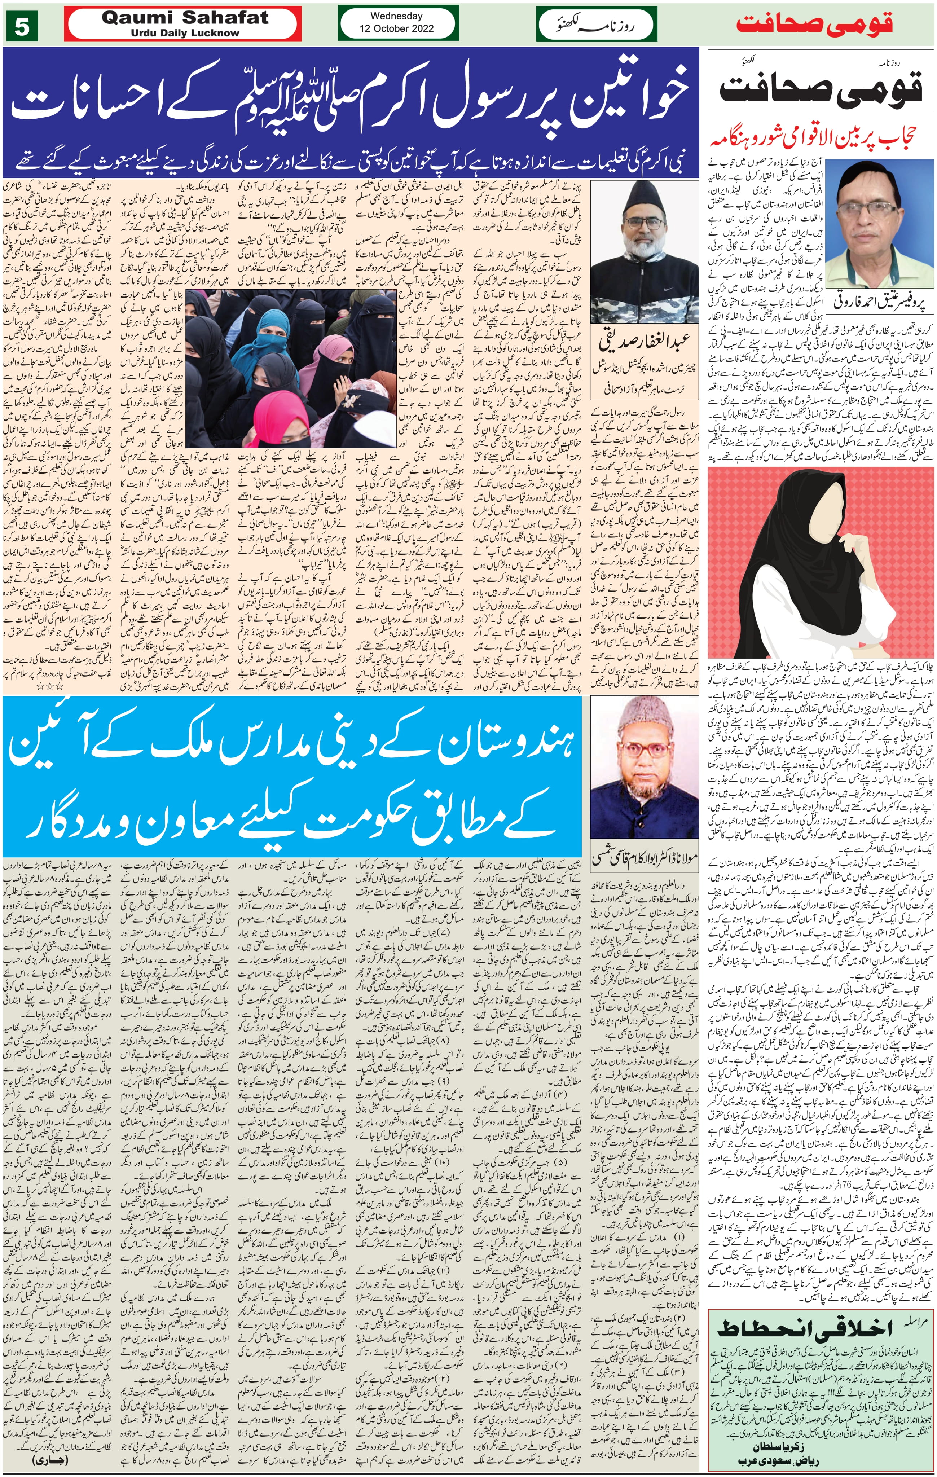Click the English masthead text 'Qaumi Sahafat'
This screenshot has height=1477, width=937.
coord(185,18)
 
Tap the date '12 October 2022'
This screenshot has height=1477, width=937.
coord(396,28)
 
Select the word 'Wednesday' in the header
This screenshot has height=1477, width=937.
coord(396,16)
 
